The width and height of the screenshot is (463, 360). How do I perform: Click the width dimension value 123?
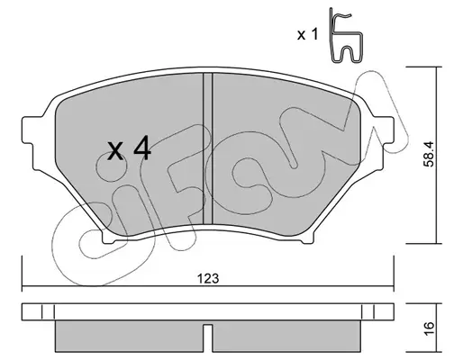pyautogui.click(x=208, y=279)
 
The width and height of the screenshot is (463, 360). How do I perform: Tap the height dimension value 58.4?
pyautogui.click(x=429, y=154)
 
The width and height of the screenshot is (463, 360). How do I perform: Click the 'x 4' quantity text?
pyautogui.click(x=130, y=148)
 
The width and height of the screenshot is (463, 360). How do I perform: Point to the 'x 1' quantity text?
pyautogui.click(x=307, y=34)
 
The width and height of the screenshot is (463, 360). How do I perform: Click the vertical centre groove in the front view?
pyautogui.click(x=208, y=148)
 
